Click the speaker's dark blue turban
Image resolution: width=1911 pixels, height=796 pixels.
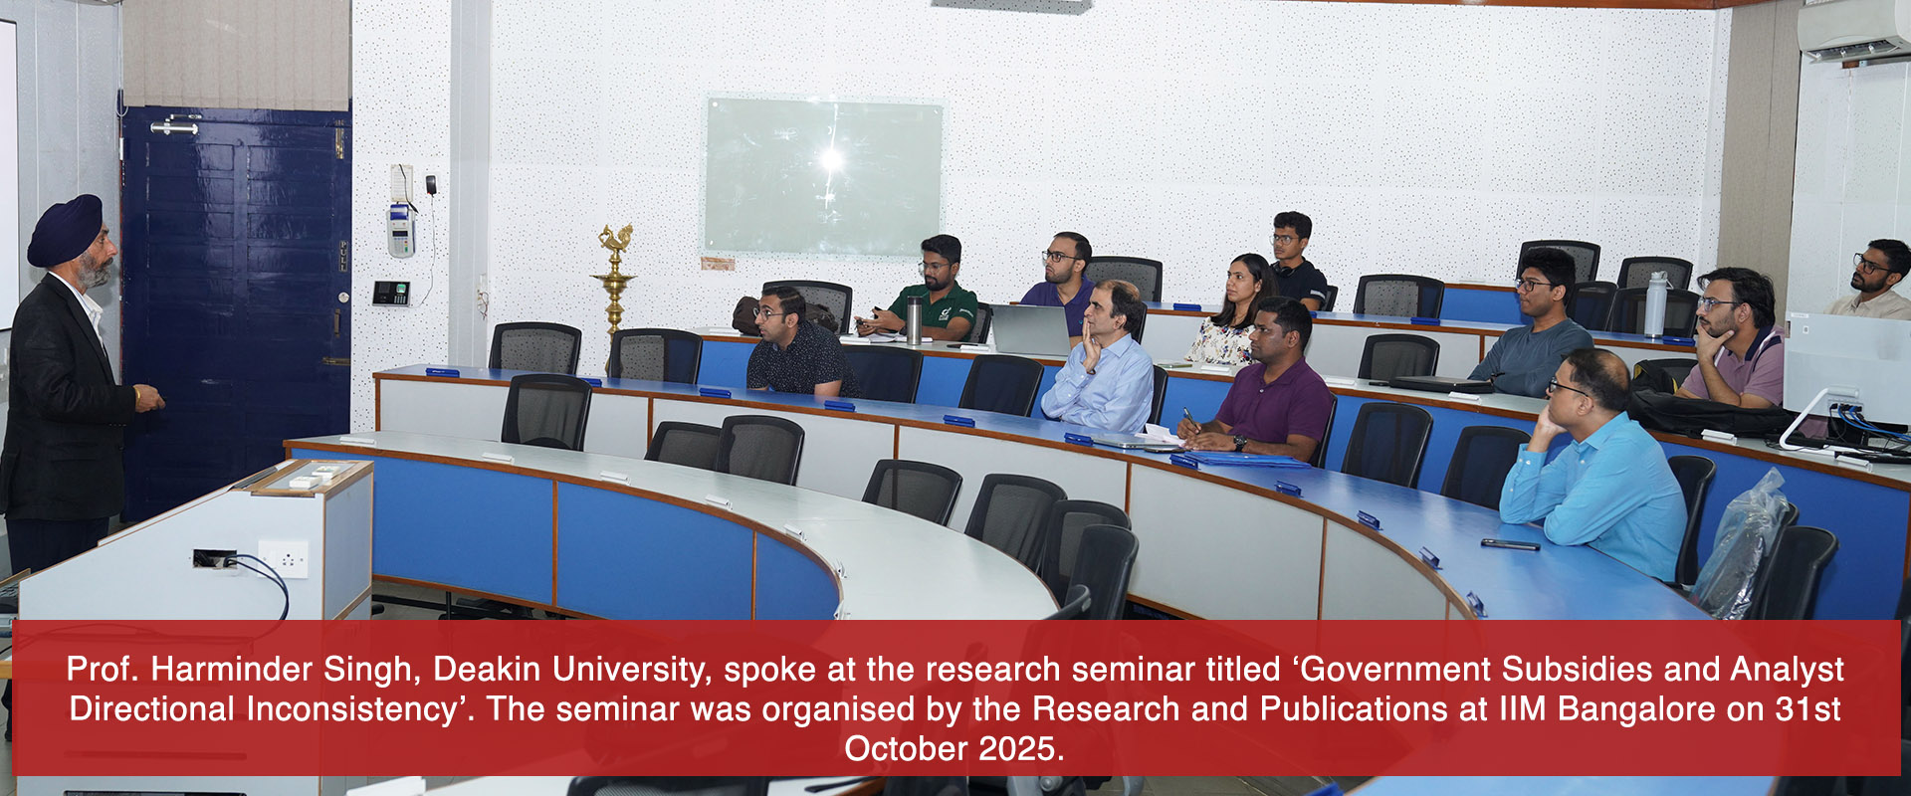click(x=66, y=228)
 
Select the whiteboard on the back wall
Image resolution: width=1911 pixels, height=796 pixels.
click(x=823, y=176)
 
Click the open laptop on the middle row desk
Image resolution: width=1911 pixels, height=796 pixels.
click(x=1030, y=329)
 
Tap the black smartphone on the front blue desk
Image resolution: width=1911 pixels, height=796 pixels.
click(x=1509, y=544)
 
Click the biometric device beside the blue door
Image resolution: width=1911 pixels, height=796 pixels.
click(x=390, y=293)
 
